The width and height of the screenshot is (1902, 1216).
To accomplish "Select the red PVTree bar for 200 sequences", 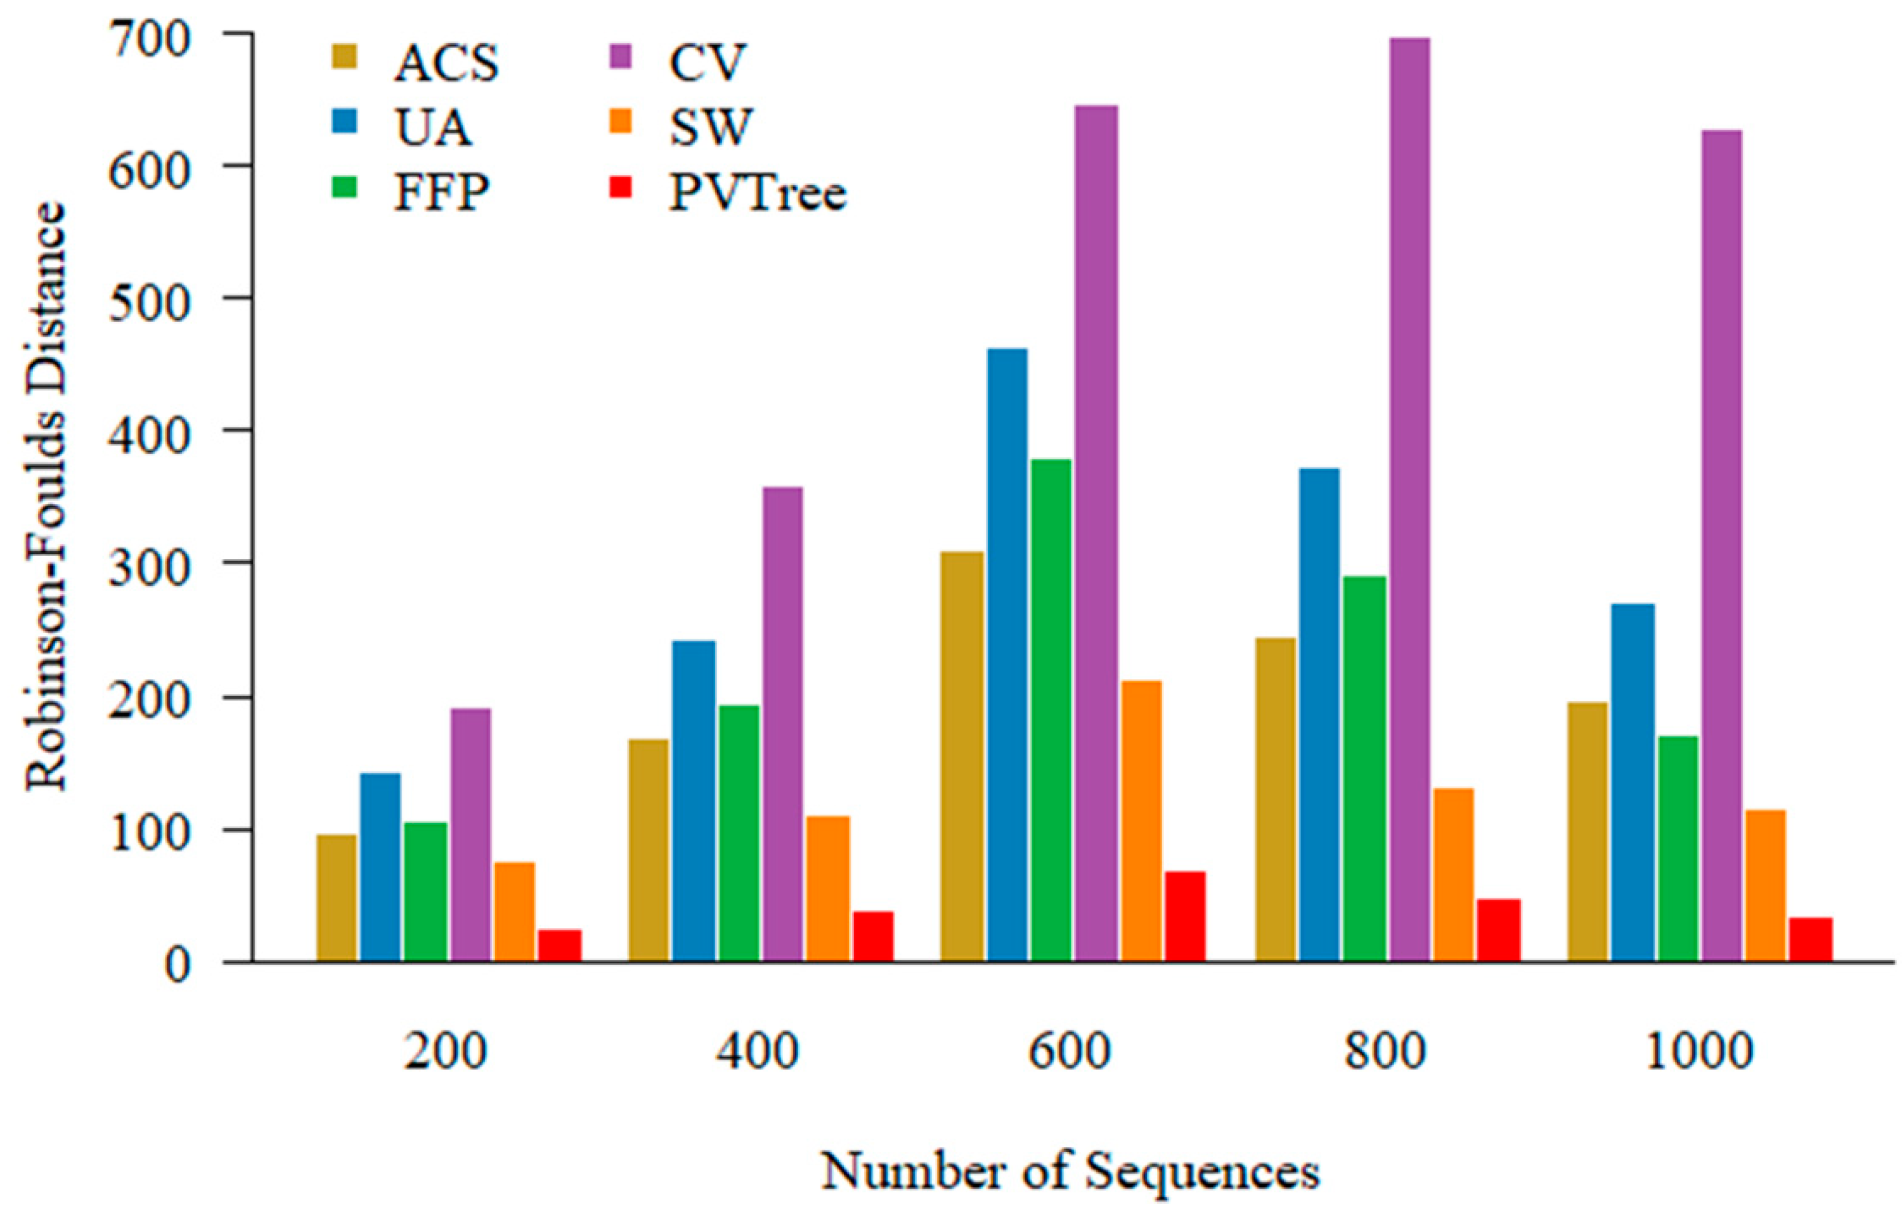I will coord(559,945).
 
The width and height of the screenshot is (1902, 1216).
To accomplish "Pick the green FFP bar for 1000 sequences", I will coord(1678,848).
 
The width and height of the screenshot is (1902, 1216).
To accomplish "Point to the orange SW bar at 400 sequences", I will coord(829,888).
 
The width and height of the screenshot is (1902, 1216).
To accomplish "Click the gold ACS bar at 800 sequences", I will coord(1276,799).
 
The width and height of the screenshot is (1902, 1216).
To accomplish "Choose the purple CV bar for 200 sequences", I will coord(471,834).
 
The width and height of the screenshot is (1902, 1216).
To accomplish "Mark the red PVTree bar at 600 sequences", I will coord(1184,916).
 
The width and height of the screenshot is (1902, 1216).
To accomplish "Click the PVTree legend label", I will coord(758,193).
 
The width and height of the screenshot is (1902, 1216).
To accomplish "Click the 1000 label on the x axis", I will coord(1698,1052).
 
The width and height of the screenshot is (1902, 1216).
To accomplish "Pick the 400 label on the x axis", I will coord(758,1052).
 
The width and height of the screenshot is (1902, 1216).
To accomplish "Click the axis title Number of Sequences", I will coord(1070,1171).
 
